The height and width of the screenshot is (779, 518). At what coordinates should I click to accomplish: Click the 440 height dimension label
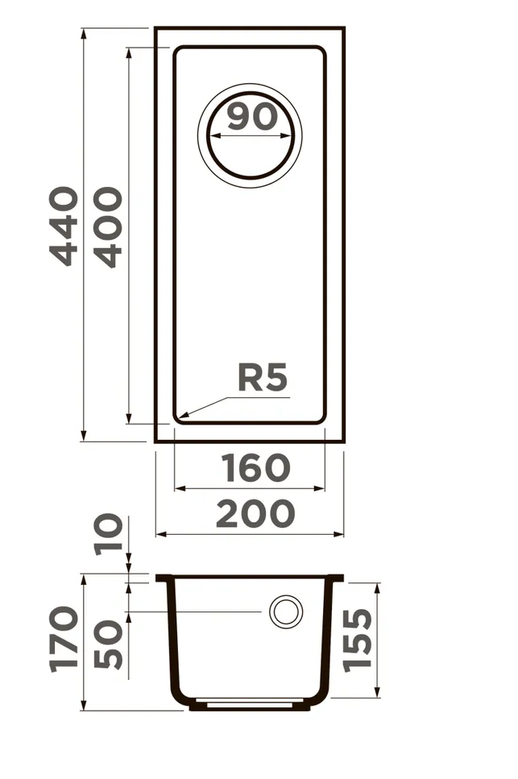[64, 226]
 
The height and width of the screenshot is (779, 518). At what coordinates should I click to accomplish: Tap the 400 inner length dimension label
[108, 227]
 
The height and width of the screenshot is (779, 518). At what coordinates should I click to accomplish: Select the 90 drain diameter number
[252, 117]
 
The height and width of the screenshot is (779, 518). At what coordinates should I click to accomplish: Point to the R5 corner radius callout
[263, 378]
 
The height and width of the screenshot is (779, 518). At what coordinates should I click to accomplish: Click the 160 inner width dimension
[255, 467]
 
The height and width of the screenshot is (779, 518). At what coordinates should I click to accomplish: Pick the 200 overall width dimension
[255, 513]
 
